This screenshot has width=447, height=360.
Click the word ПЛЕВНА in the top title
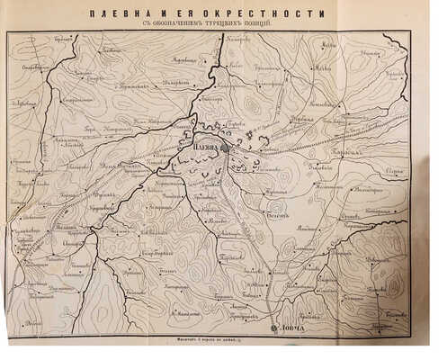[154, 13]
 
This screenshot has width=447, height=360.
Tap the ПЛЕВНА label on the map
[207, 139]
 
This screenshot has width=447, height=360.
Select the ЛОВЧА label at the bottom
[293, 329]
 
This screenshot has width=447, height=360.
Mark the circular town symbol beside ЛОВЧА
[275, 329]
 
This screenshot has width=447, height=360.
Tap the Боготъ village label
[276, 204]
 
